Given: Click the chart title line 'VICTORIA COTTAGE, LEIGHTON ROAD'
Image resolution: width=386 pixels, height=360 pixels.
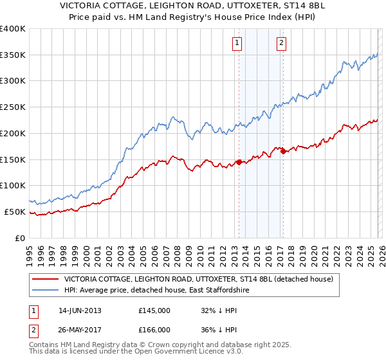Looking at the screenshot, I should (x=192, y=6).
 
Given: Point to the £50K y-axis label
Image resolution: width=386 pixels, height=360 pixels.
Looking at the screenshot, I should (x=15, y=212).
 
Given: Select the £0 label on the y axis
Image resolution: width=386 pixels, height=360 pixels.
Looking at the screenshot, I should (x=20, y=238).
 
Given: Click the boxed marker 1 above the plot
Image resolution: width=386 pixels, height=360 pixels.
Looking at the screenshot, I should (x=237, y=43).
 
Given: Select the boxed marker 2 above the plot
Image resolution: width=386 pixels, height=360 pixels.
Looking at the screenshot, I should (x=282, y=43).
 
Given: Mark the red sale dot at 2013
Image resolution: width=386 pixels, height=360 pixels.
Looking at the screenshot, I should (x=239, y=162).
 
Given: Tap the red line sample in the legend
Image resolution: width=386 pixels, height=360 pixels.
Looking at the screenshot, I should (x=46, y=280).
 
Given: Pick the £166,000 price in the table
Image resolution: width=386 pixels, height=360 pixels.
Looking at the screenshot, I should (x=154, y=329).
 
